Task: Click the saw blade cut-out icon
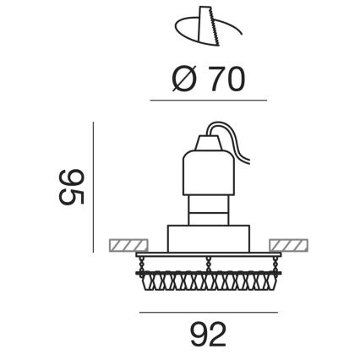coord(206,30)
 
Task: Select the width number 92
coord(208,335)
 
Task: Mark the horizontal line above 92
coord(208,312)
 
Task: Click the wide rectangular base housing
coord(208,237)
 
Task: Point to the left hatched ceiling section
coord(129,245)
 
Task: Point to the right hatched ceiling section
coord(288,245)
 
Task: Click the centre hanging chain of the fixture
coord(208,262)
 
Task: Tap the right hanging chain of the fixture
coord(269,262)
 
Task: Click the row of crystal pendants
coord(208,278)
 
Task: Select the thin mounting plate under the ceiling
coord(208,254)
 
